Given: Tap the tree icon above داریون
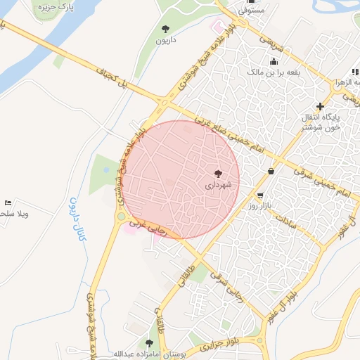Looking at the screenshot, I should (165, 29).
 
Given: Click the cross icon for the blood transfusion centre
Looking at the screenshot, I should (320, 105).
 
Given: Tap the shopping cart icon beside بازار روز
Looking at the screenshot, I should (261, 195).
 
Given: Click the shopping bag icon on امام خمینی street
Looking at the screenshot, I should (271, 171).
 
